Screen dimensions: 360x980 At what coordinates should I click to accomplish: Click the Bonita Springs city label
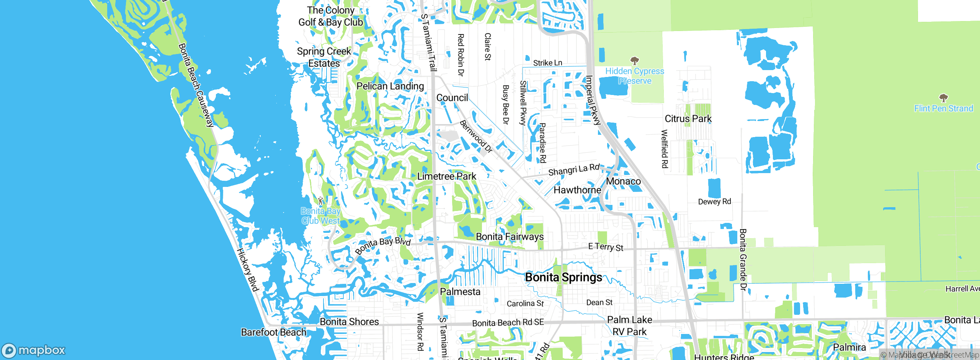tap(563, 277)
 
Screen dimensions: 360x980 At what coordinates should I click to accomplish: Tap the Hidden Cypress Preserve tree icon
tap(634, 61)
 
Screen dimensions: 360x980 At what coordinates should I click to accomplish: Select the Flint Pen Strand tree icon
tap(944, 98)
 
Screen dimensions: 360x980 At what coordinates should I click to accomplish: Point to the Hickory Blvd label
tap(247, 270)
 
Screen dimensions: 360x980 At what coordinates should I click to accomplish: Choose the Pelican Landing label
tap(390, 86)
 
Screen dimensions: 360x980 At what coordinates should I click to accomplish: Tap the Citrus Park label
tap(688, 119)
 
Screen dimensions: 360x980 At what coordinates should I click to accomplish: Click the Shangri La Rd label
tap(574, 170)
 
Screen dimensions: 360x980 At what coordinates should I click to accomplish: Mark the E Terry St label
tap(606, 247)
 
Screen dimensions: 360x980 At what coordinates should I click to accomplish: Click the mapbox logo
tap(34, 350)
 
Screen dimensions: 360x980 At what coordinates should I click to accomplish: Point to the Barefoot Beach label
tap(274, 332)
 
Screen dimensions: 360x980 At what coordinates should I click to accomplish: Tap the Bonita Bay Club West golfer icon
tap(320, 201)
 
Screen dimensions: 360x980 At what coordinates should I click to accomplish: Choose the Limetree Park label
tap(447, 177)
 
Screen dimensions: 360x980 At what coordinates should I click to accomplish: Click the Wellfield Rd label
tap(665, 149)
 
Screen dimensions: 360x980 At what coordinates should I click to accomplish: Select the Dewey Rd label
tap(714, 202)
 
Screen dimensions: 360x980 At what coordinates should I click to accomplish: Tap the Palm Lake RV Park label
tap(630, 326)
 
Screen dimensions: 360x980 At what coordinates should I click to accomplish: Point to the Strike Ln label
tap(547, 63)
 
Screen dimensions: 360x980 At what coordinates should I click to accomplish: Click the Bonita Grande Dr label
tap(743, 260)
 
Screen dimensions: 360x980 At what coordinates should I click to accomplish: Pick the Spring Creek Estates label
tap(324, 57)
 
